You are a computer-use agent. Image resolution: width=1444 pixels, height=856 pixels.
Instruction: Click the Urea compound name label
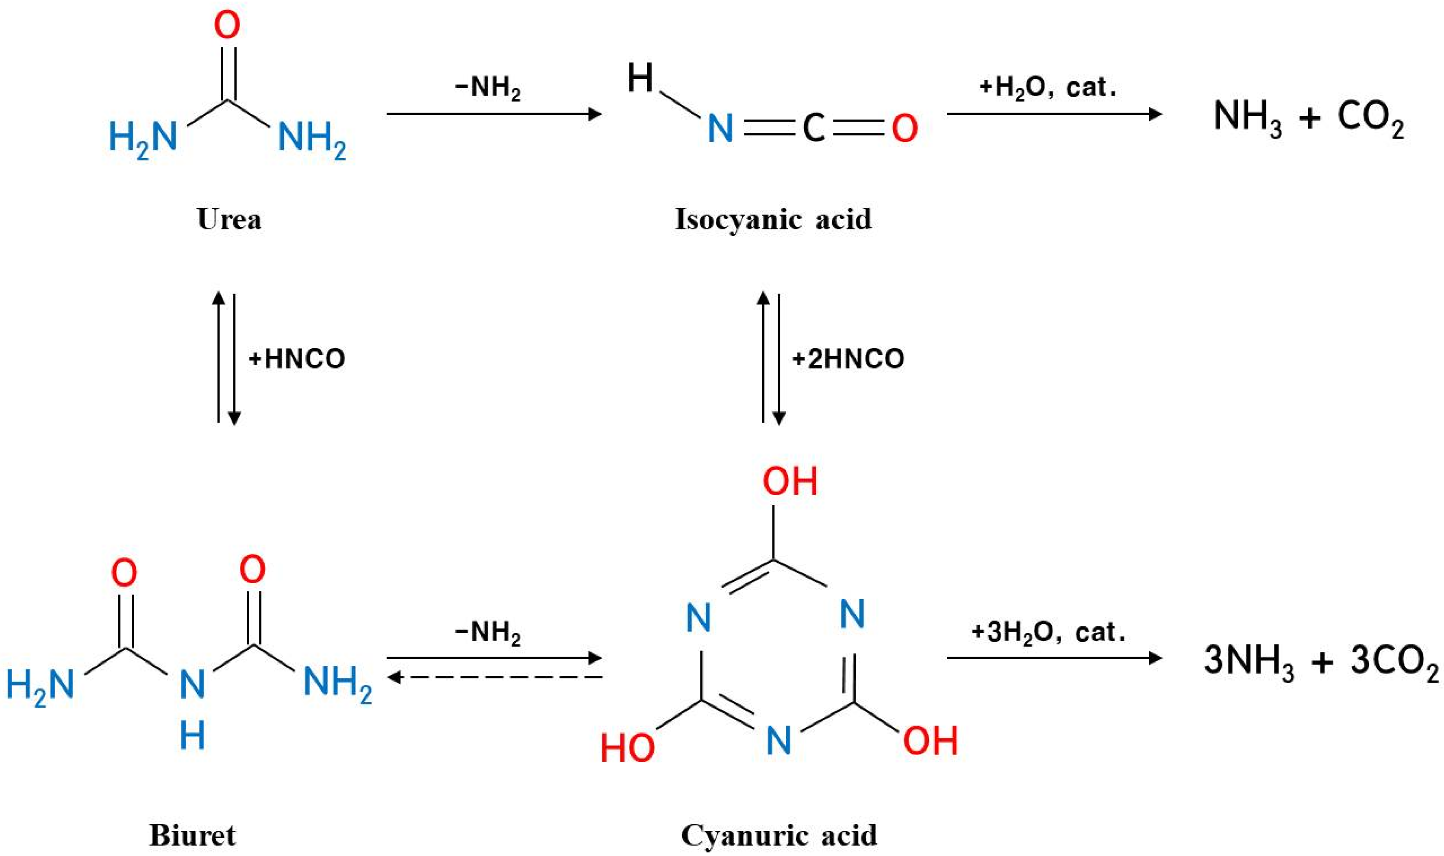coord(229,219)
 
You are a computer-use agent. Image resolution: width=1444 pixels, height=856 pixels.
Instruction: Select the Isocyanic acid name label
coord(773,219)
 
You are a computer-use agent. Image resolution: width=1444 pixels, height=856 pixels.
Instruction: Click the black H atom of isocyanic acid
coord(640,78)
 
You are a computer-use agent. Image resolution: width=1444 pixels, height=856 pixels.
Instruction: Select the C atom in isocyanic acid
coord(813,128)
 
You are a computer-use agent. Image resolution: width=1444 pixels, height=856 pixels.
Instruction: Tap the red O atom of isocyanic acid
coord(904,128)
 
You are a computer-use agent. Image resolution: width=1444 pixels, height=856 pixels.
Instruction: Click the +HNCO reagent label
coord(296,359)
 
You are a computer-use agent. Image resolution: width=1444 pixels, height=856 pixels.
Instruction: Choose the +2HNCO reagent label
coord(848,359)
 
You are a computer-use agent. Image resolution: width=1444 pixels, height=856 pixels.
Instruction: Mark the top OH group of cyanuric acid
coord(790,482)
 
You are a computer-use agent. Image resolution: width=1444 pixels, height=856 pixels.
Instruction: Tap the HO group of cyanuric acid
coord(627,748)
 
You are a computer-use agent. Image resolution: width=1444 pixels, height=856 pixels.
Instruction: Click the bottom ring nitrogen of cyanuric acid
coord(779,740)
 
